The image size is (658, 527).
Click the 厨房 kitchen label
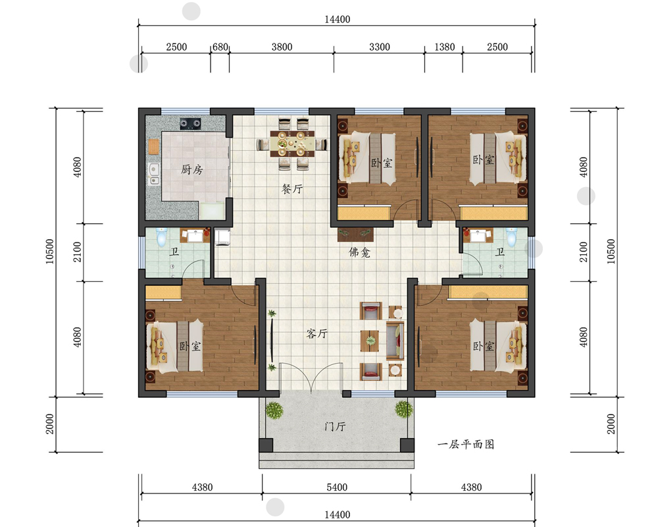tap(191, 169)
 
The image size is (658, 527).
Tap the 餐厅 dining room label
tap(292, 188)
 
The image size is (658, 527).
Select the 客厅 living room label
tap(317, 334)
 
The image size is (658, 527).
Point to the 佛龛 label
tap(360, 252)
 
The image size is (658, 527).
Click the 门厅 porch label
tap(335, 427)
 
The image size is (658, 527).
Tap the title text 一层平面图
tap(466, 444)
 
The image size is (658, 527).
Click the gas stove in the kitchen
tap(190, 123)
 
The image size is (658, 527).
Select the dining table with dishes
tap(292, 144)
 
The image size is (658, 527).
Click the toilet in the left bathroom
tap(161, 237)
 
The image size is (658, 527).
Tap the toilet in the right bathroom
tap(511, 237)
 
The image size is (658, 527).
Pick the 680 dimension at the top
tap(220, 47)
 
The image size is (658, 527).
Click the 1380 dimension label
tap(444, 47)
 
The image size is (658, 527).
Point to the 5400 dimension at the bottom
tap(337, 487)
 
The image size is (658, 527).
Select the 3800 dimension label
tap(282, 47)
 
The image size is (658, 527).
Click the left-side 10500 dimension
tap(49, 251)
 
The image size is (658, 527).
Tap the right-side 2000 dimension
tap(611, 424)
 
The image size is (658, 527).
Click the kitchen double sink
tap(154, 174)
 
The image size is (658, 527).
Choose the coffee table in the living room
tap(370, 341)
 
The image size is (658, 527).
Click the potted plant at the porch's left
tap(274, 410)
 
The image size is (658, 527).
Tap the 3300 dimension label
tap(380, 47)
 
